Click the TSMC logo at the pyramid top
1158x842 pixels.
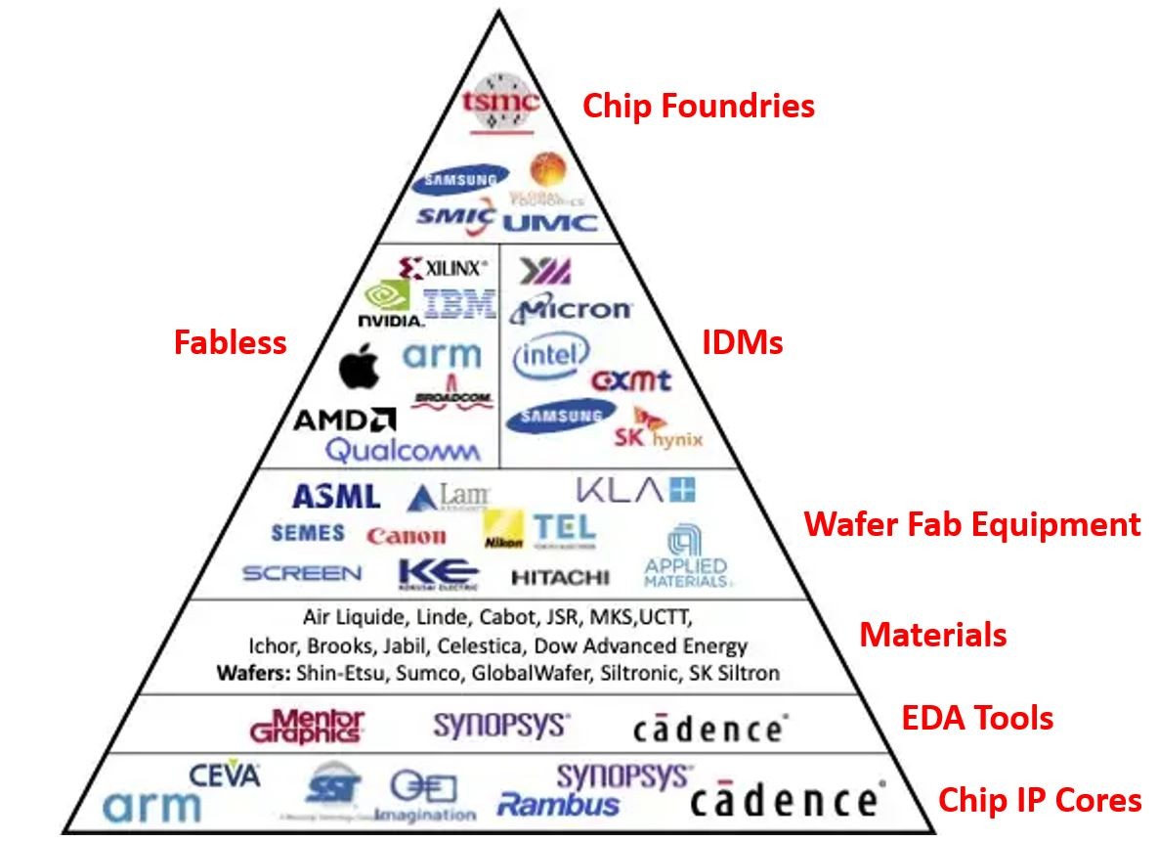click(500, 101)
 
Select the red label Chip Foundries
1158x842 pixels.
click(699, 106)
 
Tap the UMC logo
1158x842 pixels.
click(550, 222)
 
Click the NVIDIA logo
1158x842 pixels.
click(390, 304)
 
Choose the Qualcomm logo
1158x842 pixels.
click(403, 450)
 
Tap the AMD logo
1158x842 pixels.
click(344, 421)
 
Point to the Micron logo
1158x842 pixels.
click(572, 309)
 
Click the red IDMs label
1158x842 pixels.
click(742, 342)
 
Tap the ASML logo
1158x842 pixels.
click(335, 497)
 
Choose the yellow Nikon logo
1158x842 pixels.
click(503, 529)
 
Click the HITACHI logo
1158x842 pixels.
click(559, 577)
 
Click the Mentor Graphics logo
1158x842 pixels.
click(307, 726)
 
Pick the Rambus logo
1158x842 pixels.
click(558, 805)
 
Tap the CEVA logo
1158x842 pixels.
click(225, 776)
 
